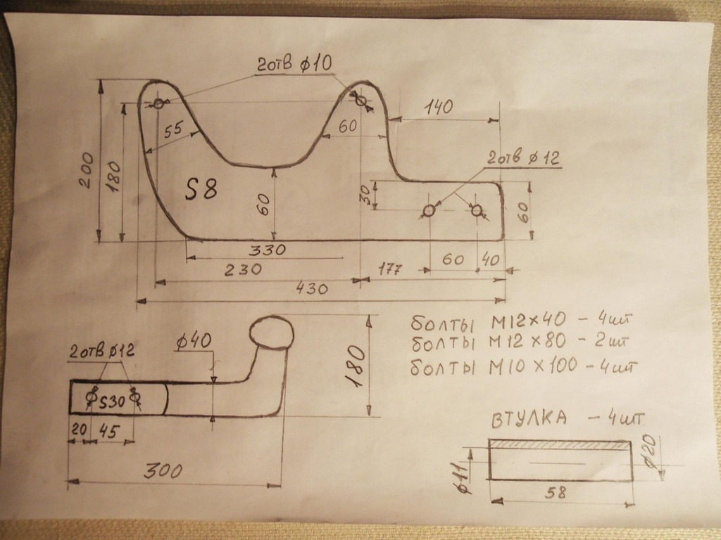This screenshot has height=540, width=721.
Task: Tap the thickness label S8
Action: [x=201, y=189]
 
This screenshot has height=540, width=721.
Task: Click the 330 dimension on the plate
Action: [x=266, y=250]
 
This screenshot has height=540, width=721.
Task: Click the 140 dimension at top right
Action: [x=439, y=107]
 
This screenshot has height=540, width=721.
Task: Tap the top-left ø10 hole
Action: [x=159, y=104]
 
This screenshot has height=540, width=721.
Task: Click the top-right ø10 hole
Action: [x=361, y=102]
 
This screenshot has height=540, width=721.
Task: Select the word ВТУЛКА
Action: [x=527, y=420]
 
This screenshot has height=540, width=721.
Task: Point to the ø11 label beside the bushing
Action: [x=468, y=472]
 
